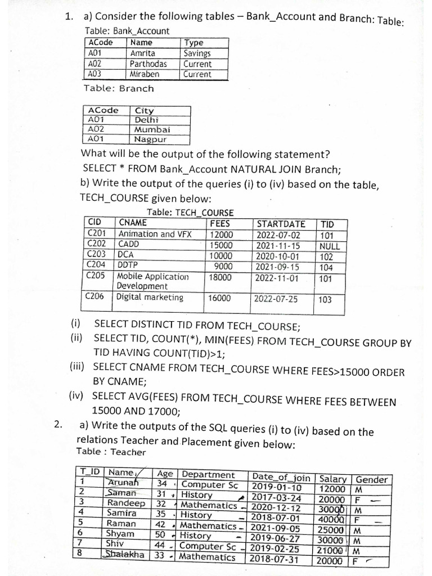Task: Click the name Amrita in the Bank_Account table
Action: click(142, 53)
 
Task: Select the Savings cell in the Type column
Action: click(197, 53)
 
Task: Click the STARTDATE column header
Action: click(281, 224)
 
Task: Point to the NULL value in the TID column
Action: click(329, 246)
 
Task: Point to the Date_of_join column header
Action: click(281, 478)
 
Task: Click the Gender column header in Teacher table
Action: click(371, 479)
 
